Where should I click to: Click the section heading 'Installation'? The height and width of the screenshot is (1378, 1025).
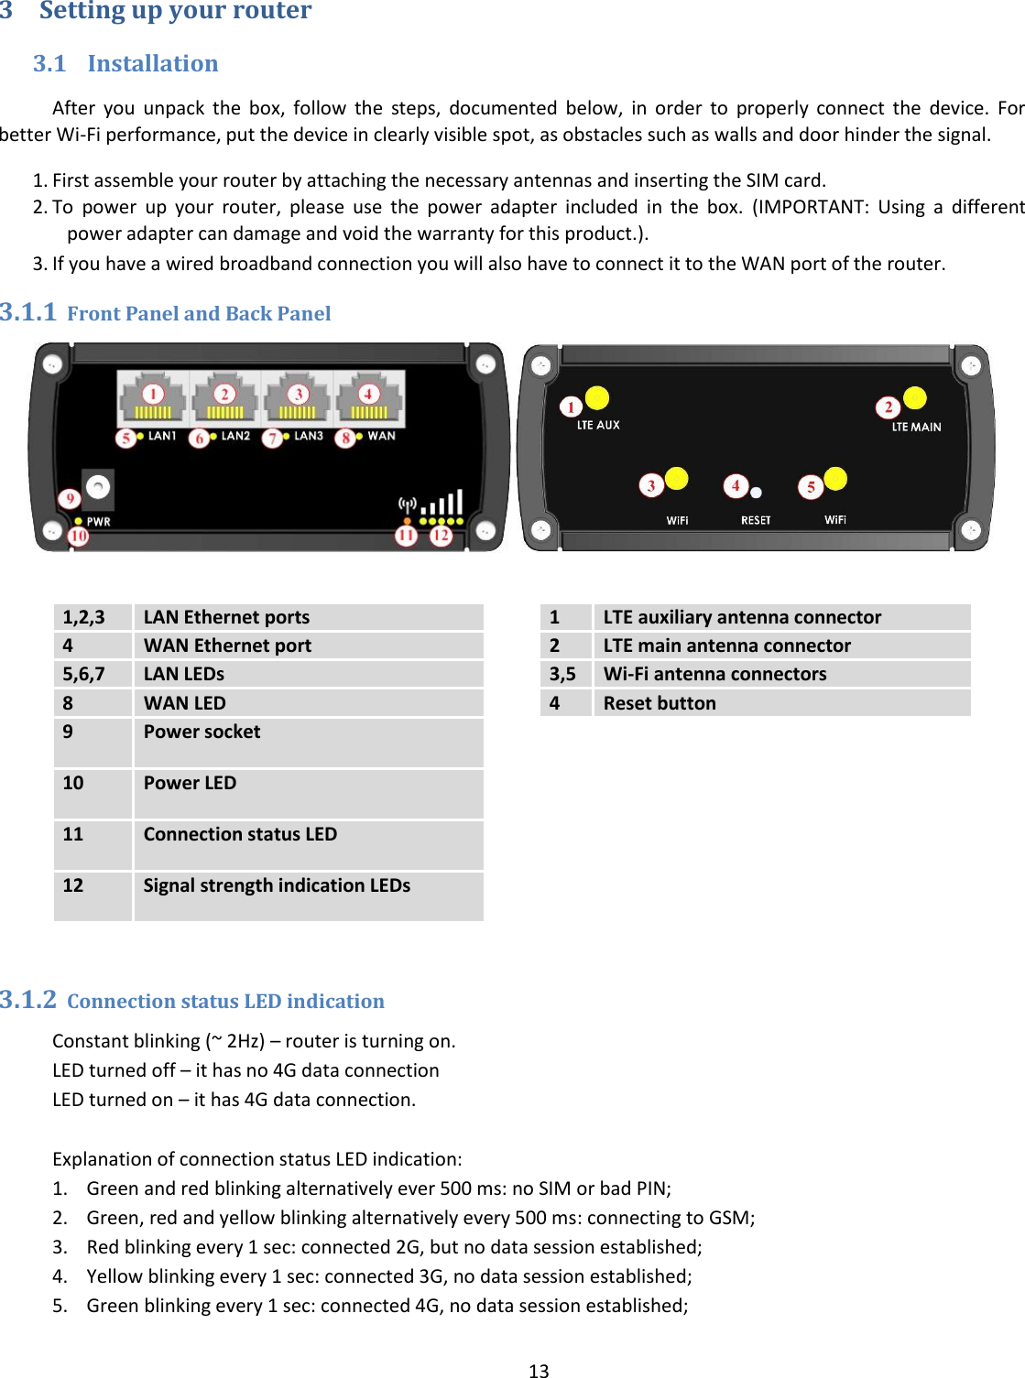[152, 63]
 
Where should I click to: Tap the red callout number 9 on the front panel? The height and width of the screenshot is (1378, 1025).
[70, 499]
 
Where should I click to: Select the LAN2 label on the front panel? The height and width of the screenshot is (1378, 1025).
[235, 436]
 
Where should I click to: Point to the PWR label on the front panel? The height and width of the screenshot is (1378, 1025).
[98, 521]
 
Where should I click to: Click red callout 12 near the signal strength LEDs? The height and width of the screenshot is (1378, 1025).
[441, 535]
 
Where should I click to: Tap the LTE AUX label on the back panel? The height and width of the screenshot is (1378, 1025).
[598, 425]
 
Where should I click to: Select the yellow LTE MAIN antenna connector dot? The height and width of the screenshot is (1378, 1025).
[914, 398]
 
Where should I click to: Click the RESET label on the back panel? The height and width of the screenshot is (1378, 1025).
[756, 520]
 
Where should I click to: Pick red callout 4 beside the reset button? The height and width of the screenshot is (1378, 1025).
[735, 485]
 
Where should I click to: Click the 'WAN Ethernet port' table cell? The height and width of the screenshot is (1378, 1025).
[227, 646]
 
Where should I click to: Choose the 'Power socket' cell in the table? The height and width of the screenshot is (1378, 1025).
[202, 732]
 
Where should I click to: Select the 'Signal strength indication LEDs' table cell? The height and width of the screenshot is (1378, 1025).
[277, 885]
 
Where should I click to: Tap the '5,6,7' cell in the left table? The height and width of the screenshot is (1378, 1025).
[84, 674]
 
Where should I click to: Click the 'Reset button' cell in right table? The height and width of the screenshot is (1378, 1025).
[660, 703]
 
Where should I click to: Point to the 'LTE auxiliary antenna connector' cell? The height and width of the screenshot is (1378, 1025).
[742, 617]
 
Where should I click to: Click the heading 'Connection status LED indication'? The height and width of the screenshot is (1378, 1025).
[225, 1001]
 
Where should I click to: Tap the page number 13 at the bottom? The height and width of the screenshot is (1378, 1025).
[539, 1370]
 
